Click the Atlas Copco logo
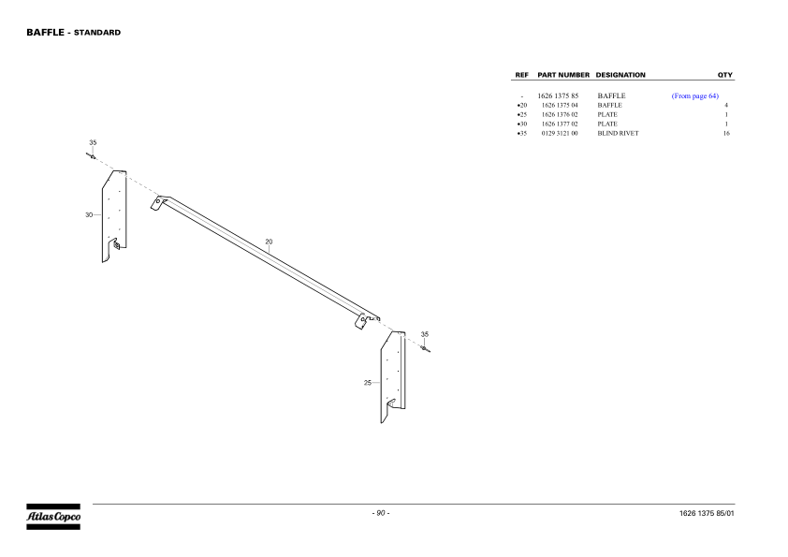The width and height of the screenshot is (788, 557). (53, 517)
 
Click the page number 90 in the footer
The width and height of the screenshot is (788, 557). (381, 513)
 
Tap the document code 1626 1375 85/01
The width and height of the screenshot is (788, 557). (707, 513)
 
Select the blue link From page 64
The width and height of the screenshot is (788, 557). (695, 96)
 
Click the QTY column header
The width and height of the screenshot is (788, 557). (725, 75)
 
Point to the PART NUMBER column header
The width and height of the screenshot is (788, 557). (563, 75)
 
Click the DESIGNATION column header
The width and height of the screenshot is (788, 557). (620, 75)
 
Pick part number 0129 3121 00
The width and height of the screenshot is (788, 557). (560, 133)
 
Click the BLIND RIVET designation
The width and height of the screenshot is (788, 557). (618, 133)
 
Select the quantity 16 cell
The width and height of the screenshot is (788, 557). (726, 133)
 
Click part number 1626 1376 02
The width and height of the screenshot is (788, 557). (560, 114)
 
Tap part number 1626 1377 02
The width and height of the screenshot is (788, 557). (560, 124)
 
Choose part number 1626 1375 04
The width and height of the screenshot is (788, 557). (560, 105)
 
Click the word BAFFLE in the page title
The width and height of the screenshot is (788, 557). (45, 32)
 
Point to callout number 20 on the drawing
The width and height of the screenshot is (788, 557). (269, 242)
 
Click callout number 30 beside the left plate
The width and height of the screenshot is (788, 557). (89, 214)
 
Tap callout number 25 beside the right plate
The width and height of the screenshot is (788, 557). (368, 383)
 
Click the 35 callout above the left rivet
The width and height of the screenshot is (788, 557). (93, 143)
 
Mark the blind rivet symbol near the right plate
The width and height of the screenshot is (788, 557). (425, 348)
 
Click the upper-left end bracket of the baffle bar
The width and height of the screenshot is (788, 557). (159, 202)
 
